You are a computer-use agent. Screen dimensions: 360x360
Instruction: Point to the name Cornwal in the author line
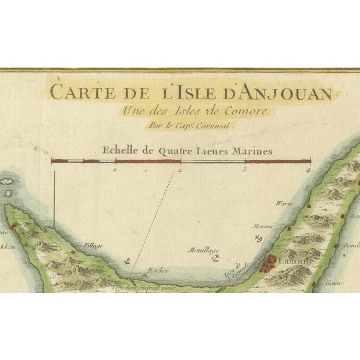pyautogui.click(x=217, y=126)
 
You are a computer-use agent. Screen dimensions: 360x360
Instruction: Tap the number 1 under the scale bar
pyautogui.click(x=115, y=169)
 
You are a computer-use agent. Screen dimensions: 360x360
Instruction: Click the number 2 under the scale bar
pyautogui.click(x=180, y=169)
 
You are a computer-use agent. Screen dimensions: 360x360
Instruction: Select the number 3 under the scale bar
pyautogui.click(x=245, y=169)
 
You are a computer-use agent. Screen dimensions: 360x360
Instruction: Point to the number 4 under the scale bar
pyautogui.click(x=309, y=169)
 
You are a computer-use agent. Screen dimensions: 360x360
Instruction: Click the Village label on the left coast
pyautogui.click(x=93, y=246)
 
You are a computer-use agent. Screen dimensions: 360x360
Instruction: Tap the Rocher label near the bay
pyautogui.click(x=158, y=271)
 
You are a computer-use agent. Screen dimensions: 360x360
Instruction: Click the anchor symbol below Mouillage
pyautogui.click(x=214, y=258)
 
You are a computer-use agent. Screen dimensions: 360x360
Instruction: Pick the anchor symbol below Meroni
pyautogui.click(x=259, y=239)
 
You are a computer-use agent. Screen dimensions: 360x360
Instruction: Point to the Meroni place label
pyautogui.click(x=262, y=226)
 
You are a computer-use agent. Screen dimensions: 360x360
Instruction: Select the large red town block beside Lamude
pyautogui.click(x=271, y=262)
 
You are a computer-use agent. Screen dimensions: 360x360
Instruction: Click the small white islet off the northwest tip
pyautogui.click(x=7, y=182)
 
